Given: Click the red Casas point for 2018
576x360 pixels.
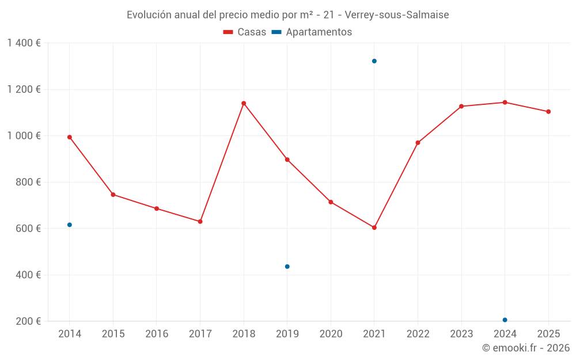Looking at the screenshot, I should [x=244, y=104].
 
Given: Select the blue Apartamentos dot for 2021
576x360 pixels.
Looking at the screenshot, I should [x=374, y=61].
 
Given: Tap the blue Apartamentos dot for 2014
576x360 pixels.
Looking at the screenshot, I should [x=70, y=225].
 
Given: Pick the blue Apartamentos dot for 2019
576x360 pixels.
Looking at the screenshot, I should [x=287, y=267].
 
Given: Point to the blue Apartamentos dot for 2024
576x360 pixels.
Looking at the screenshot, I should [x=505, y=320].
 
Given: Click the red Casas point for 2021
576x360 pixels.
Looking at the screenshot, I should [x=374, y=228].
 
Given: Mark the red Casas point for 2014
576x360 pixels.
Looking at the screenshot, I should [x=70, y=137].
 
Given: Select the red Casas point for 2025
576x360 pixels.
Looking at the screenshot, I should [x=548, y=112].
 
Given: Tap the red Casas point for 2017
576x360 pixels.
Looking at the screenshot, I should [x=200, y=221].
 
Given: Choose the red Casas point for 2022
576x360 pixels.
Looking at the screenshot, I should [x=418, y=143].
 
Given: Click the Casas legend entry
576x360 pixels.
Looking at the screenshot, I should [x=245, y=32].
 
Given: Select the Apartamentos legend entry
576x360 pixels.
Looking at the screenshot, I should [x=312, y=32].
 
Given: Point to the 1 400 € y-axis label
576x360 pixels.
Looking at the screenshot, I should [x=24, y=43].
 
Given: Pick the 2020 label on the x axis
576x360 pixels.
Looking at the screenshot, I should [x=331, y=334].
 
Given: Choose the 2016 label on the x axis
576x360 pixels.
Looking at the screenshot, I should [x=157, y=334].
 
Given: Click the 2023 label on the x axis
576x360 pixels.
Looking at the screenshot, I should [x=461, y=334].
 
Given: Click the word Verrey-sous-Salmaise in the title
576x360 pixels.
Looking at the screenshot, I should [x=397, y=15].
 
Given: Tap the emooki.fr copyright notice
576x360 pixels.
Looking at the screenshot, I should [x=526, y=348].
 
